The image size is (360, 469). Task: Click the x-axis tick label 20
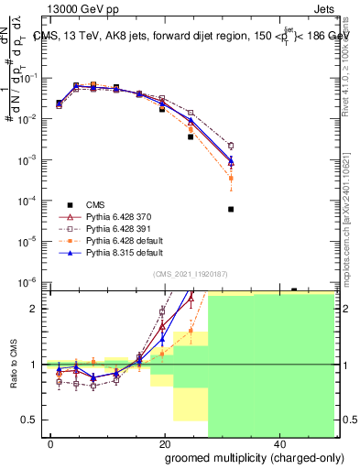pos(164,443)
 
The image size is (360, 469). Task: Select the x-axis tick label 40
pos(278,443)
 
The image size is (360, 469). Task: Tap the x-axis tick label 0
pos(51,443)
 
